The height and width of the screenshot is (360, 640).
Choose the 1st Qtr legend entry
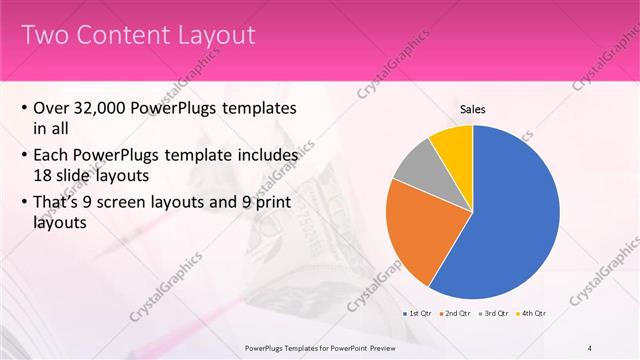point(416,314)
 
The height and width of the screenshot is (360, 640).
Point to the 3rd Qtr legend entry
point(495,314)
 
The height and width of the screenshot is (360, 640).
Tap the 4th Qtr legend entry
point(533,314)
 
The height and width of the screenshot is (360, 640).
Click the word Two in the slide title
point(44,36)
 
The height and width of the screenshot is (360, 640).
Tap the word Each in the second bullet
point(54,155)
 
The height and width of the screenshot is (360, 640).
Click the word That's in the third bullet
point(59,203)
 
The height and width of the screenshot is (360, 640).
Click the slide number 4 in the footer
point(590,348)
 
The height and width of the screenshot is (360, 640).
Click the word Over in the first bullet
point(52,108)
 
